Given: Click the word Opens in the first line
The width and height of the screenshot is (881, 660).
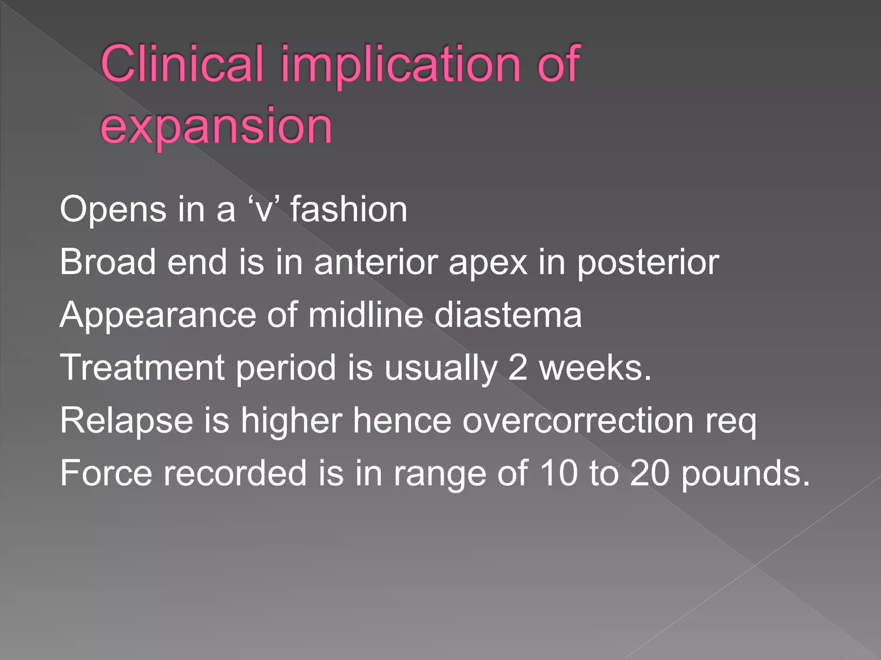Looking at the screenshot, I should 113,210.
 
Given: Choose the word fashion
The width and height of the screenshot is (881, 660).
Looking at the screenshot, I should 348,210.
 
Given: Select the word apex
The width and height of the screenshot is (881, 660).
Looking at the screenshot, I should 488,263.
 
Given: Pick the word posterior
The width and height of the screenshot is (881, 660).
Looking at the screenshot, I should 648,263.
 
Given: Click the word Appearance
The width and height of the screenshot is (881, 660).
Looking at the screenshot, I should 157,315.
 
